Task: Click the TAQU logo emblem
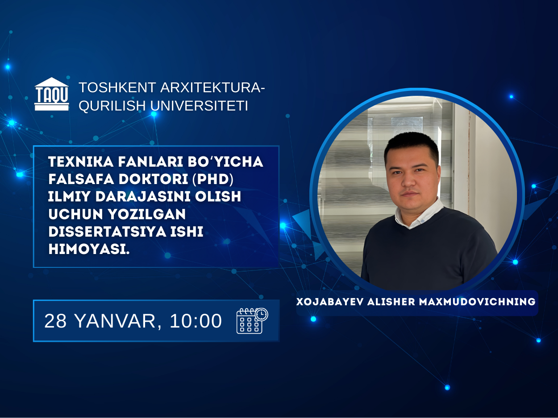point(52,94)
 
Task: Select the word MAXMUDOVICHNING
point(477,302)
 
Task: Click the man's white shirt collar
point(420,214)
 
